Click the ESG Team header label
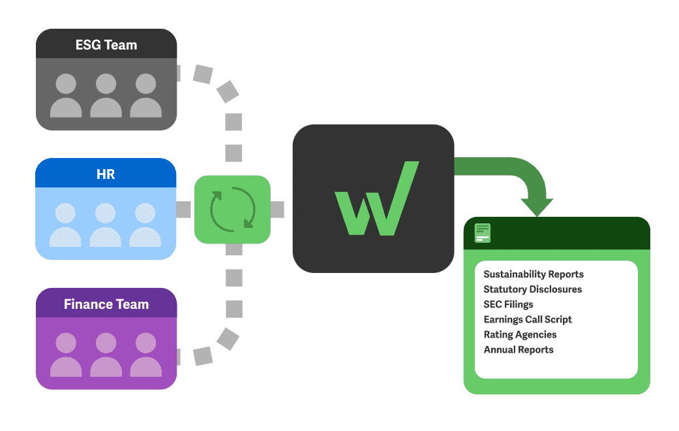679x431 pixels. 106,45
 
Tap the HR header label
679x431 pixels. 106,174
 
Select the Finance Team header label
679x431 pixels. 106,304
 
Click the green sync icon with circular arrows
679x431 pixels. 232,210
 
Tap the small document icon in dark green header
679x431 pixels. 483,233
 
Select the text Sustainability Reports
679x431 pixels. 534,274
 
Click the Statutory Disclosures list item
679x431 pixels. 532,289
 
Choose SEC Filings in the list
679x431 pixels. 508,304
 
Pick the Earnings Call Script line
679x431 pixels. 528,319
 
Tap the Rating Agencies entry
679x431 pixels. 520,334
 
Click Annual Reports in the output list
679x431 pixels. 519,349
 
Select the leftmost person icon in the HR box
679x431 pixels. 65,225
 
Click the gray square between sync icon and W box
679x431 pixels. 277,210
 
